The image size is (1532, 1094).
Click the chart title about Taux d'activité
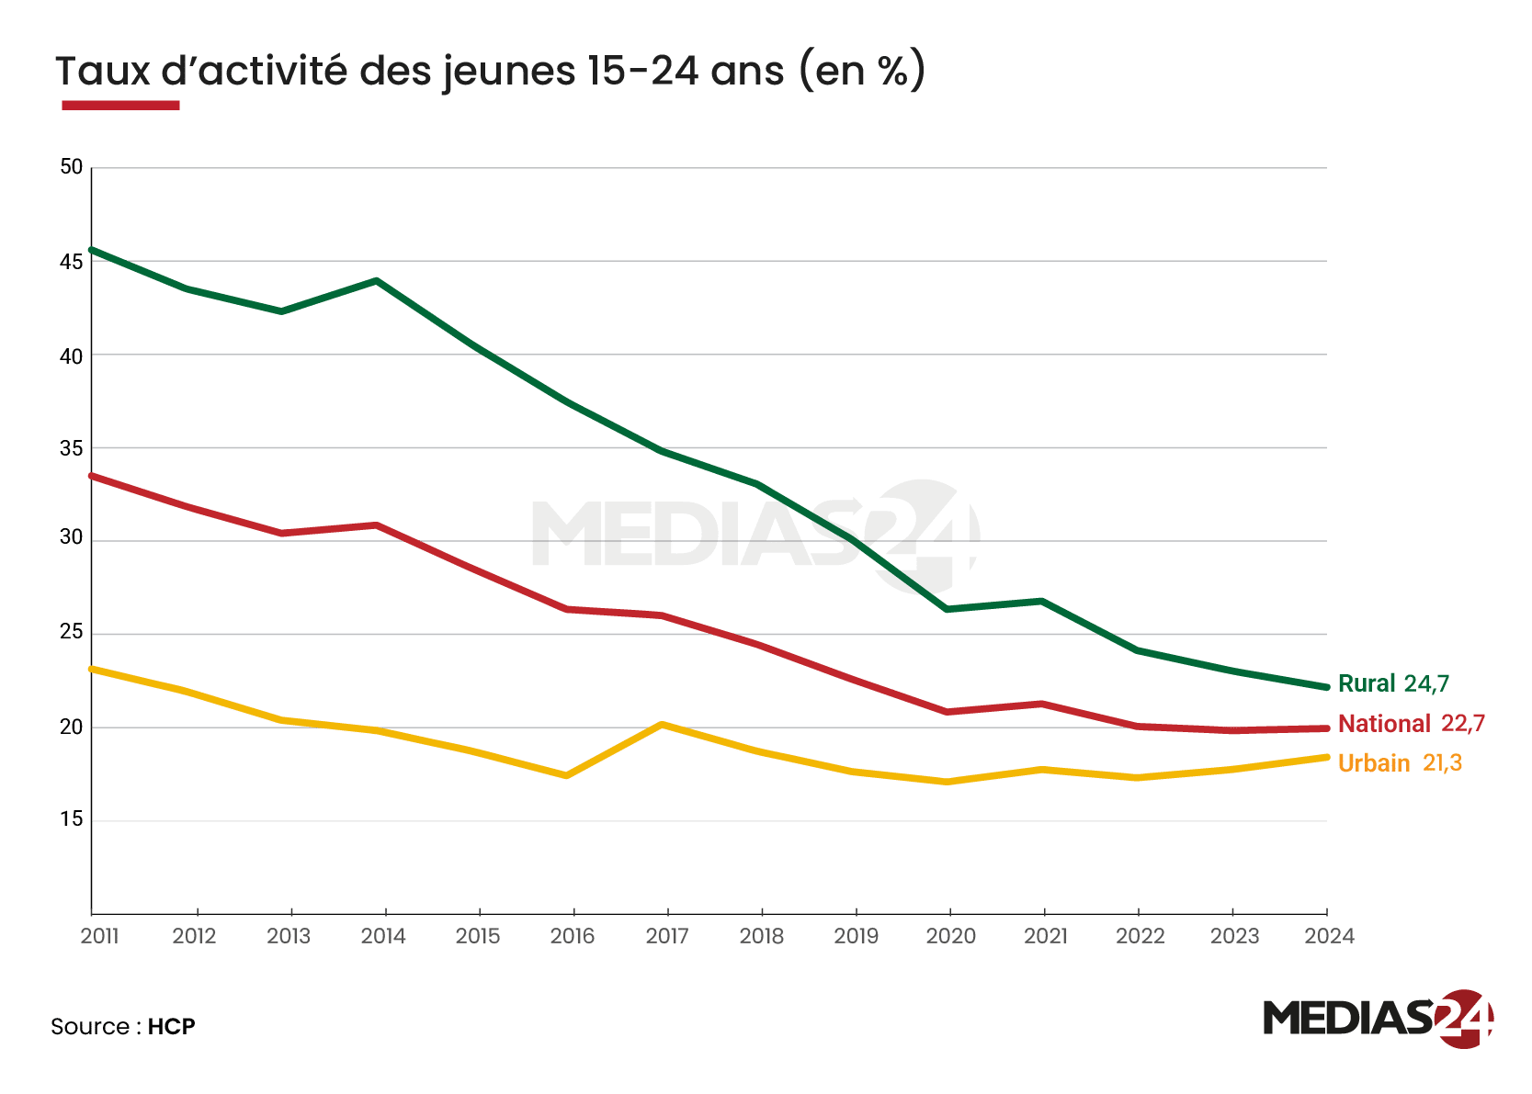click(489, 71)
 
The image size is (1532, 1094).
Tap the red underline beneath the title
click(120, 106)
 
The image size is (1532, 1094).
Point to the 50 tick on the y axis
click(71, 167)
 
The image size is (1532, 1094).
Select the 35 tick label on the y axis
click(71, 448)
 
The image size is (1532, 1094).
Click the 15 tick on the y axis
click(71, 819)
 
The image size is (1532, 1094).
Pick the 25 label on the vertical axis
click(71, 632)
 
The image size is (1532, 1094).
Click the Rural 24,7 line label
click(1392, 683)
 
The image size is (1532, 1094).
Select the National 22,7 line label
click(1411, 724)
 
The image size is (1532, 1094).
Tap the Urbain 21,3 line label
click(1400, 763)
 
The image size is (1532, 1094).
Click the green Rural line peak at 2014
click(377, 280)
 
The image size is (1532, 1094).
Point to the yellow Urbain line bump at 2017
click(663, 725)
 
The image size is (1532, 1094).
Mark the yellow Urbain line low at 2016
click(567, 775)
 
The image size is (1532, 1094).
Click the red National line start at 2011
click(92, 476)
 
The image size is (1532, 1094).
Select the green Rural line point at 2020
click(947, 609)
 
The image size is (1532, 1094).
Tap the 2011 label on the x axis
click(99, 936)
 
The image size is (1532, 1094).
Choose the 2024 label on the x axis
click(1329, 936)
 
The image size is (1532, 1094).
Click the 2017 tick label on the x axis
click(667, 936)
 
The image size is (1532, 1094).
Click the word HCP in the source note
click(172, 1026)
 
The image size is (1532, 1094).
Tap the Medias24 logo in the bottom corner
click(1377, 1018)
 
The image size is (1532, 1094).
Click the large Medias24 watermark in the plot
click(754, 535)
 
